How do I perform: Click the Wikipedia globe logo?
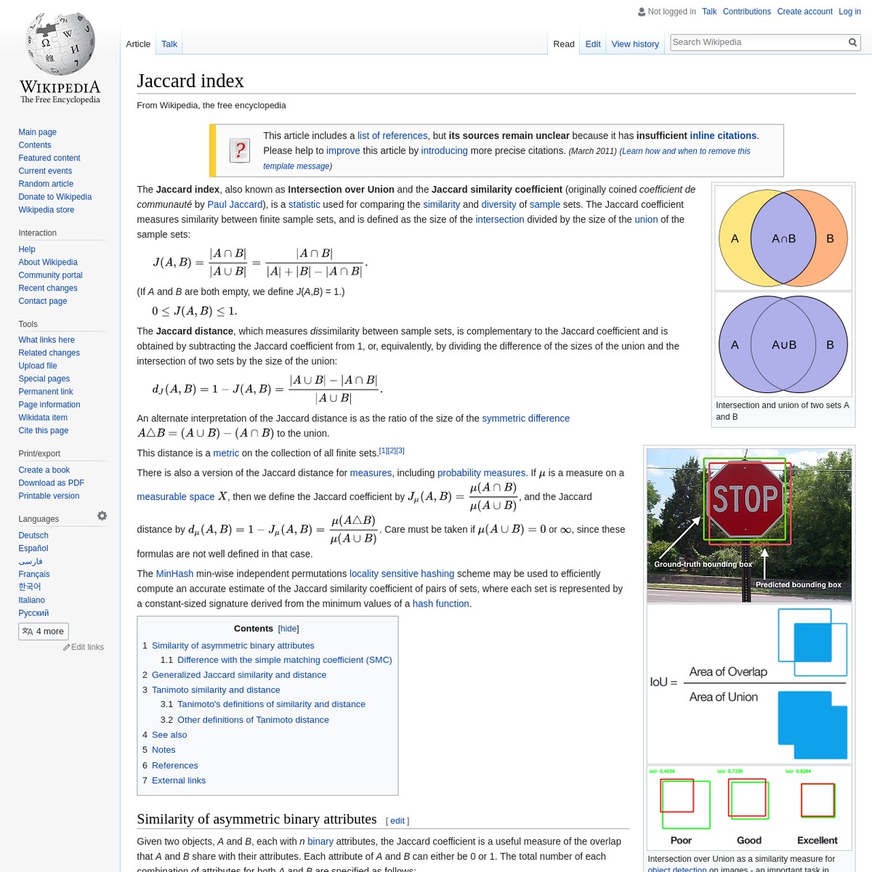(60, 44)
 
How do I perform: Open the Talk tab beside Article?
(169, 44)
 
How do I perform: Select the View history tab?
(635, 44)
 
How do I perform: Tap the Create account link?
(804, 12)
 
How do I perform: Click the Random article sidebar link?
(46, 184)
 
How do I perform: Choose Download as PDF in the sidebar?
(51, 483)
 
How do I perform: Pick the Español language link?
(33, 549)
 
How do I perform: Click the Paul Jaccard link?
(235, 204)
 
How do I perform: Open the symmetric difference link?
(525, 419)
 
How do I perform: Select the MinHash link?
(174, 573)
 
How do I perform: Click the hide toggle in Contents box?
(288, 629)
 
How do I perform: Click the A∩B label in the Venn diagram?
(783, 238)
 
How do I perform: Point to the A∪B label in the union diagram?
(783, 344)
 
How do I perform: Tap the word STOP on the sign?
(746, 499)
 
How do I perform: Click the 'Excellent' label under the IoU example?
(817, 840)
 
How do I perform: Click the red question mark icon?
(240, 150)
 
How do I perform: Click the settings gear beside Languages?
(102, 516)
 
